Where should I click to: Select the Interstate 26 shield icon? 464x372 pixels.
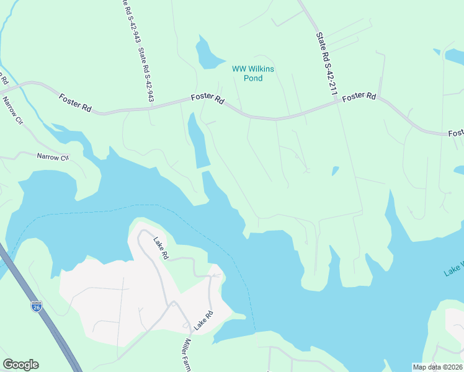coord(37,306)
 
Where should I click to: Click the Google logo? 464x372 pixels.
coord(20,365)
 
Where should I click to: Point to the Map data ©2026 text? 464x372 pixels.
coord(437,367)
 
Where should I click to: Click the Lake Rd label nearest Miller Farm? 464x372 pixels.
coord(201,320)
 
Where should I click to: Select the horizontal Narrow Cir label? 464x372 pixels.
coord(52,157)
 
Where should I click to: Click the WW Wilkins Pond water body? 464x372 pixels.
coord(207,54)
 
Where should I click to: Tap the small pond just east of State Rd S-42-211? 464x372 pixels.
coord(335,170)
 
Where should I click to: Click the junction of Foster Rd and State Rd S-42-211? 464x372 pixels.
coord(337,103)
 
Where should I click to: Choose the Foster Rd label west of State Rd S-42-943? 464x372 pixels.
coord(76,103)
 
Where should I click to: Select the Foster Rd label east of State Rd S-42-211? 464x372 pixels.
coord(359,97)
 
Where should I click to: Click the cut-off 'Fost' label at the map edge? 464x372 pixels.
coord(455,133)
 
